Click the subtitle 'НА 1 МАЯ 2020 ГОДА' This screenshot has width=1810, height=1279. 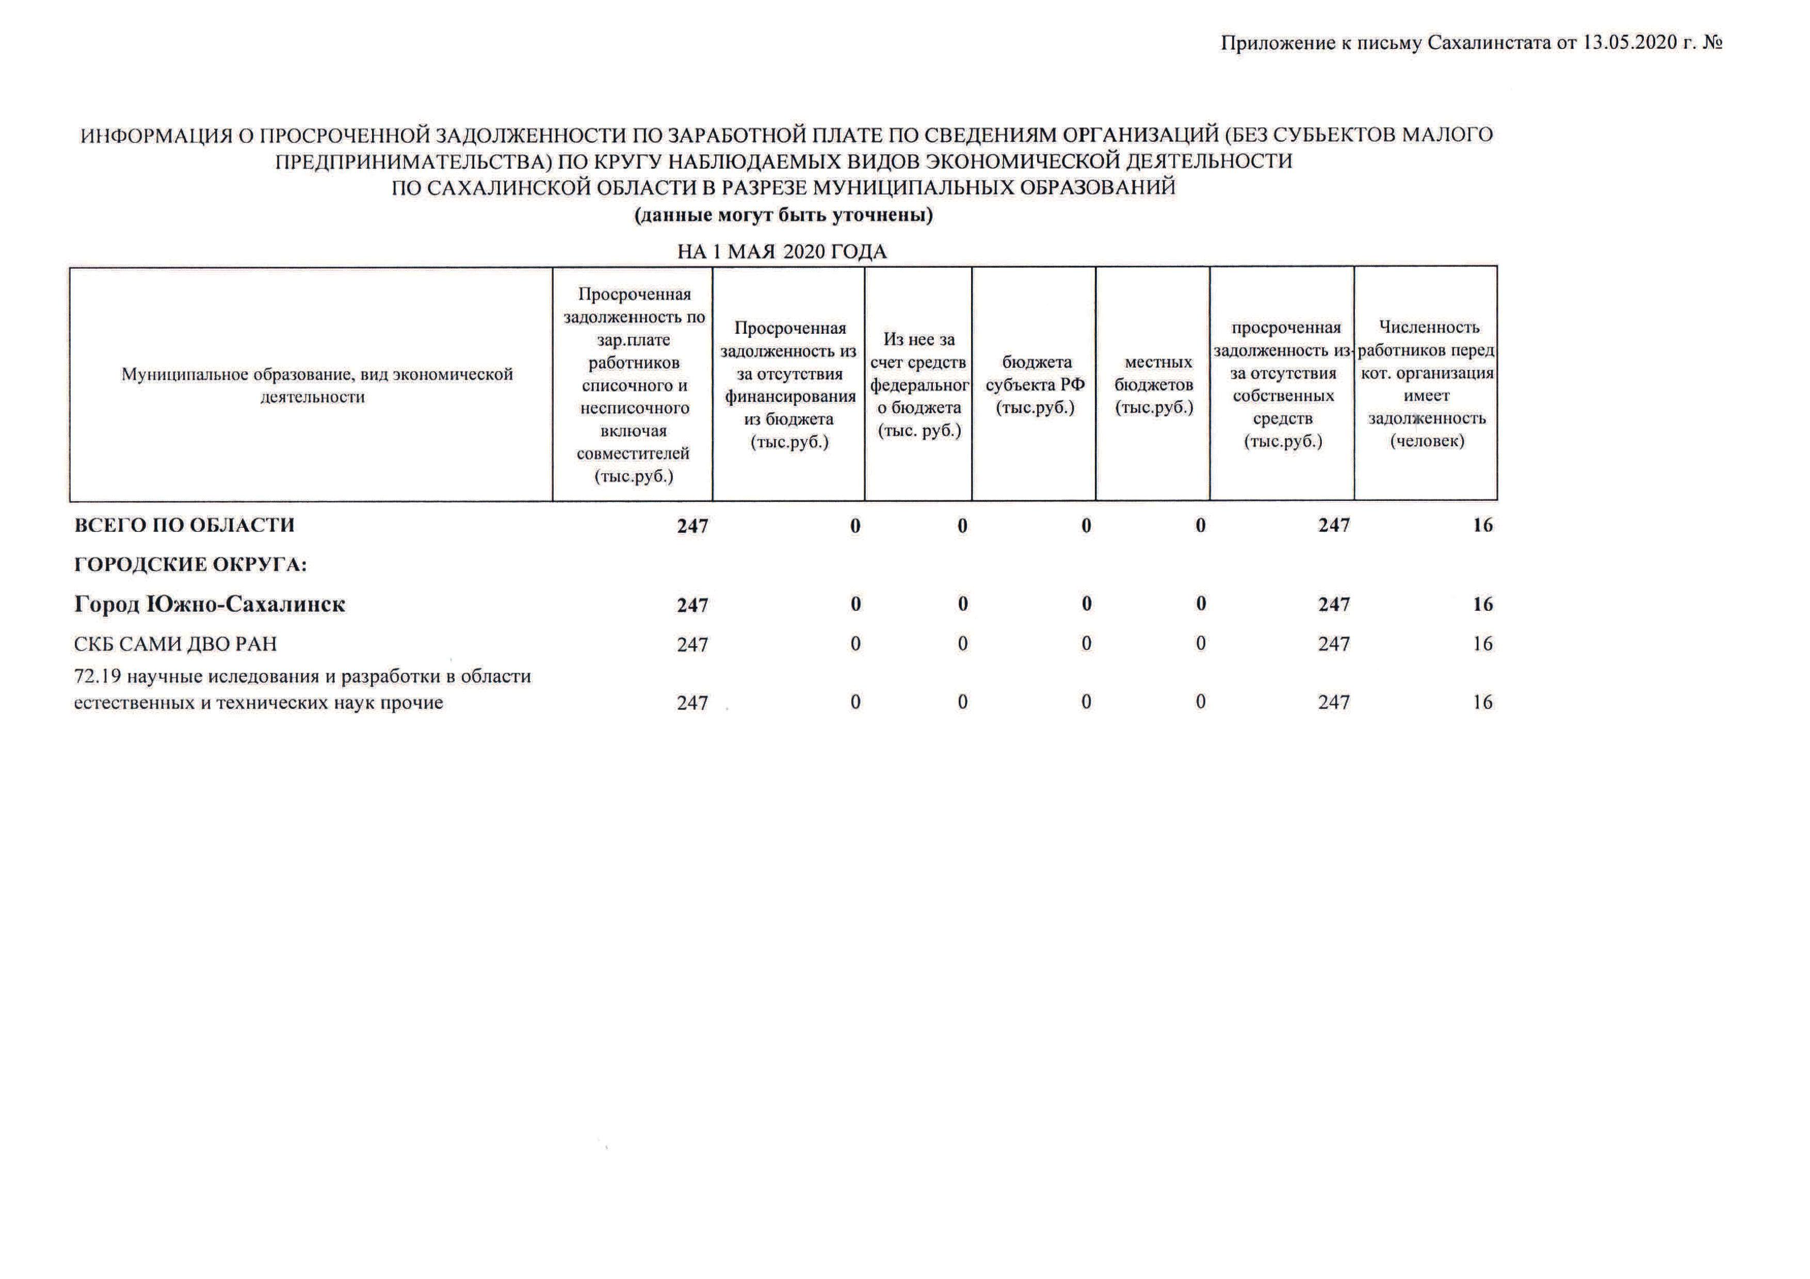[782, 252]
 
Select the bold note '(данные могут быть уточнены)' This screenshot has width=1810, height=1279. [784, 215]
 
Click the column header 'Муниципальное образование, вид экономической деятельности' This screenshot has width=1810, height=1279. [316, 385]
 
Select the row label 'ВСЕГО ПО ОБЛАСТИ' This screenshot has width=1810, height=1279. [185, 526]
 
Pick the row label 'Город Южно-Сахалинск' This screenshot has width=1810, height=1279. [209, 605]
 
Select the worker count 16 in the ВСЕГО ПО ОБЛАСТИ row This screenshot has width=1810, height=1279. [1482, 526]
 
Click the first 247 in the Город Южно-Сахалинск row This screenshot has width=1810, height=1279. [692, 605]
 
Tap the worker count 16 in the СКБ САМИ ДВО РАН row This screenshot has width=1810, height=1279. [1482, 644]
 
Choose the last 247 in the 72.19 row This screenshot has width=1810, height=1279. [1334, 702]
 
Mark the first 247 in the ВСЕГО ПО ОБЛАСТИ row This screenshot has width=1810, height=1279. [692, 526]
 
